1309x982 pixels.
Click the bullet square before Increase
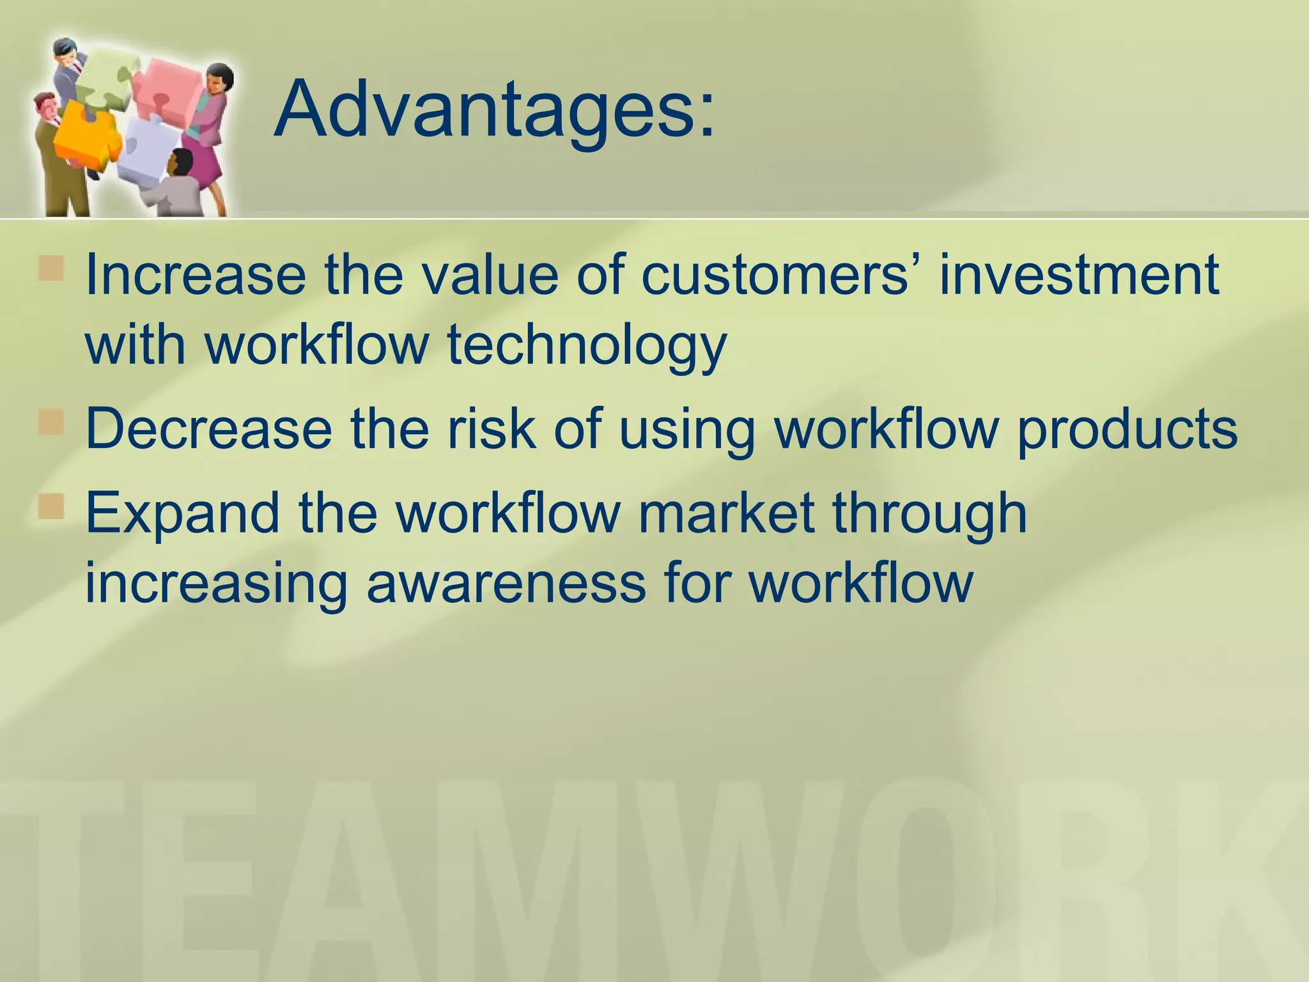click(51, 269)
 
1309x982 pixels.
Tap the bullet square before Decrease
click(51, 423)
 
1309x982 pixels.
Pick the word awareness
click(506, 583)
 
